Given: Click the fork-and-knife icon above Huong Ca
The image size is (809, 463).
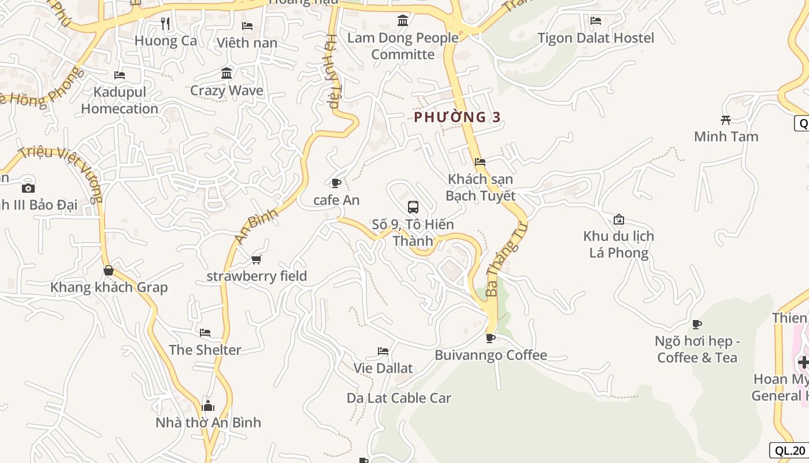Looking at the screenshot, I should [x=165, y=24].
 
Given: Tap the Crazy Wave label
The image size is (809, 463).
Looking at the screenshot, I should [x=227, y=91].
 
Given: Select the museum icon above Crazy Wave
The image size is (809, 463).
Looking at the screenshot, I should [x=227, y=74].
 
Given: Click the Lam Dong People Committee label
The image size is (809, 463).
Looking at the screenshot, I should [x=403, y=46].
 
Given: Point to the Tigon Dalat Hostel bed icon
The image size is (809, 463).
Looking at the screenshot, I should [x=596, y=21].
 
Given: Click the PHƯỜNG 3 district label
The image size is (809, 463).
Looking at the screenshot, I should [x=457, y=117].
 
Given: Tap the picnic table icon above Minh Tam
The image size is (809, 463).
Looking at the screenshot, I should [x=726, y=120].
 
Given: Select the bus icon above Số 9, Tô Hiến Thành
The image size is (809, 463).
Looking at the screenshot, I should [x=413, y=207].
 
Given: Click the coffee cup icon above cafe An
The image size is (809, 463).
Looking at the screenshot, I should [x=336, y=183].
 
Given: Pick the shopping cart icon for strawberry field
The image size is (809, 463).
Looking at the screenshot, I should [x=257, y=259].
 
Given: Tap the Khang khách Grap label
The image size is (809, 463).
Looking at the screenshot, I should [x=109, y=288].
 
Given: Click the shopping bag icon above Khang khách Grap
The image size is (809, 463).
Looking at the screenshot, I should [x=108, y=270].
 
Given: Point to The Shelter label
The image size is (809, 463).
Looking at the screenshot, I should [x=205, y=350].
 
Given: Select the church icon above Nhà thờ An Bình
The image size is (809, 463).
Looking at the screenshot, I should [x=208, y=406].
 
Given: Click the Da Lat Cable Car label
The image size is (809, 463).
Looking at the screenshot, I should [x=399, y=398].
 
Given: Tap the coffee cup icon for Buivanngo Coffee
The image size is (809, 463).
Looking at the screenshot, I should [x=490, y=338].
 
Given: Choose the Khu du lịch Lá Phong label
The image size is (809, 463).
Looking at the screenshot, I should [x=618, y=245].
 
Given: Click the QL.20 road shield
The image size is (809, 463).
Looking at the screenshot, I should [x=790, y=451].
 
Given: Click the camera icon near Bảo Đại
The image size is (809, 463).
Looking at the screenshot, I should [x=28, y=188].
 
